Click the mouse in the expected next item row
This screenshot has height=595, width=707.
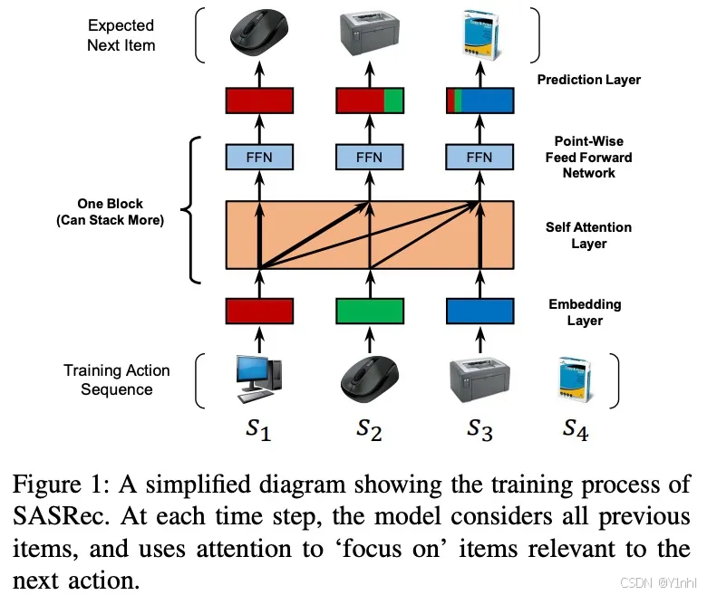point(259,34)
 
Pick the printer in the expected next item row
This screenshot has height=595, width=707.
point(370,34)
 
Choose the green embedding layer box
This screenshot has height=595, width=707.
point(370,311)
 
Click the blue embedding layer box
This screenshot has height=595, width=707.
point(479,311)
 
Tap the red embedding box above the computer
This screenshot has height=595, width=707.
point(259,311)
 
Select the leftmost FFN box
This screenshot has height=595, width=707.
point(259,157)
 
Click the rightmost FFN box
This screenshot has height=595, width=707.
point(479,157)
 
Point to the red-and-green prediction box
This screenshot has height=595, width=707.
point(370,99)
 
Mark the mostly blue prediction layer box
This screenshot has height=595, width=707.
point(479,99)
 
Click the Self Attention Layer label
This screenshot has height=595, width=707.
point(588,235)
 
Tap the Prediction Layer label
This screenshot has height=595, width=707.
point(588,80)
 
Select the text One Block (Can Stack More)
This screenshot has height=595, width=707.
point(110,212)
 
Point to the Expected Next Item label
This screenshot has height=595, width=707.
point(121,35)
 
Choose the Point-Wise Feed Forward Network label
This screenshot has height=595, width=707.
point(588,157)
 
